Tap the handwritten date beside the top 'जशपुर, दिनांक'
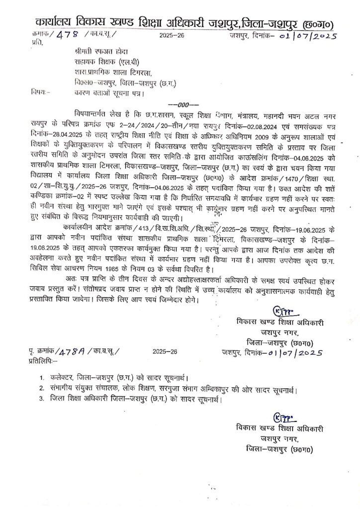coord(310,36)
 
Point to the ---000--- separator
coord(181,104)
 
